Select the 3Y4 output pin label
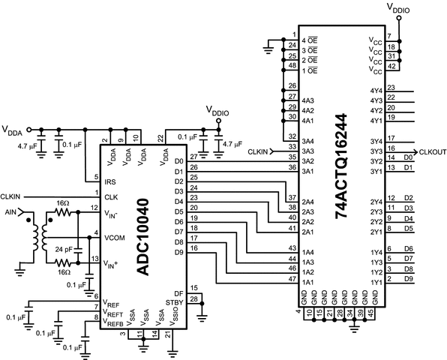click(376, 140)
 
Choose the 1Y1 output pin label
click(376, 280)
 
